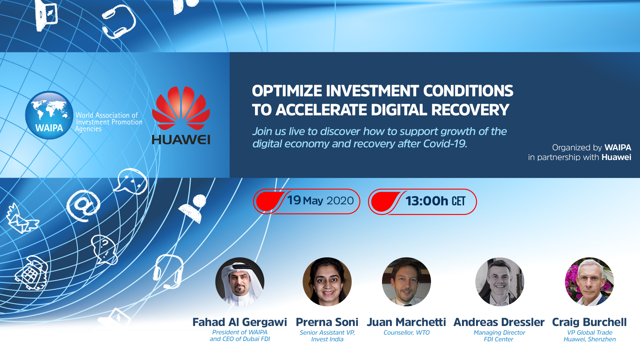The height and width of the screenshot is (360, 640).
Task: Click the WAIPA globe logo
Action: click(49, 115)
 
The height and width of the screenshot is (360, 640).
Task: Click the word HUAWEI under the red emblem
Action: click(181, 140)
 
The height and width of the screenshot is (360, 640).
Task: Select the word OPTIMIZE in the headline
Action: click(287, 91)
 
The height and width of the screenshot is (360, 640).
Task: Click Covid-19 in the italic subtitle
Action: click(445, 144)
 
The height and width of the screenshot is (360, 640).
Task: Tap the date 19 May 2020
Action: click(320, 201)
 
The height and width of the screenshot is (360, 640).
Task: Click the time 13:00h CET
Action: click(435, 201)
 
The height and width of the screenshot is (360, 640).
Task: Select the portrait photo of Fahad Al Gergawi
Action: click(240, 282)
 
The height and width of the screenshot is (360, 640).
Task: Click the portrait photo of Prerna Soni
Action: click(327, 282)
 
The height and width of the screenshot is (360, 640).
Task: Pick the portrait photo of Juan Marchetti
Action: click(406, 282)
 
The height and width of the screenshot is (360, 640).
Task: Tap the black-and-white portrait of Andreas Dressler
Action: click(500, 282)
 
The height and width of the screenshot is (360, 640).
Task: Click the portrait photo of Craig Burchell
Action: click(589, 282)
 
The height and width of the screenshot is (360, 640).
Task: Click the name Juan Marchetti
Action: click(406, 322)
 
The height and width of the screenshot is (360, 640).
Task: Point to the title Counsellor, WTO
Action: click(407, 333)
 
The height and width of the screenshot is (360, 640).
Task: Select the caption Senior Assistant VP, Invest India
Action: click(327, 336)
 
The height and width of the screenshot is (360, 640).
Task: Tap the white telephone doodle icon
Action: click(32, 273)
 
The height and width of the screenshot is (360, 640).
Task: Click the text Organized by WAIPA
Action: click(592, 148)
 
